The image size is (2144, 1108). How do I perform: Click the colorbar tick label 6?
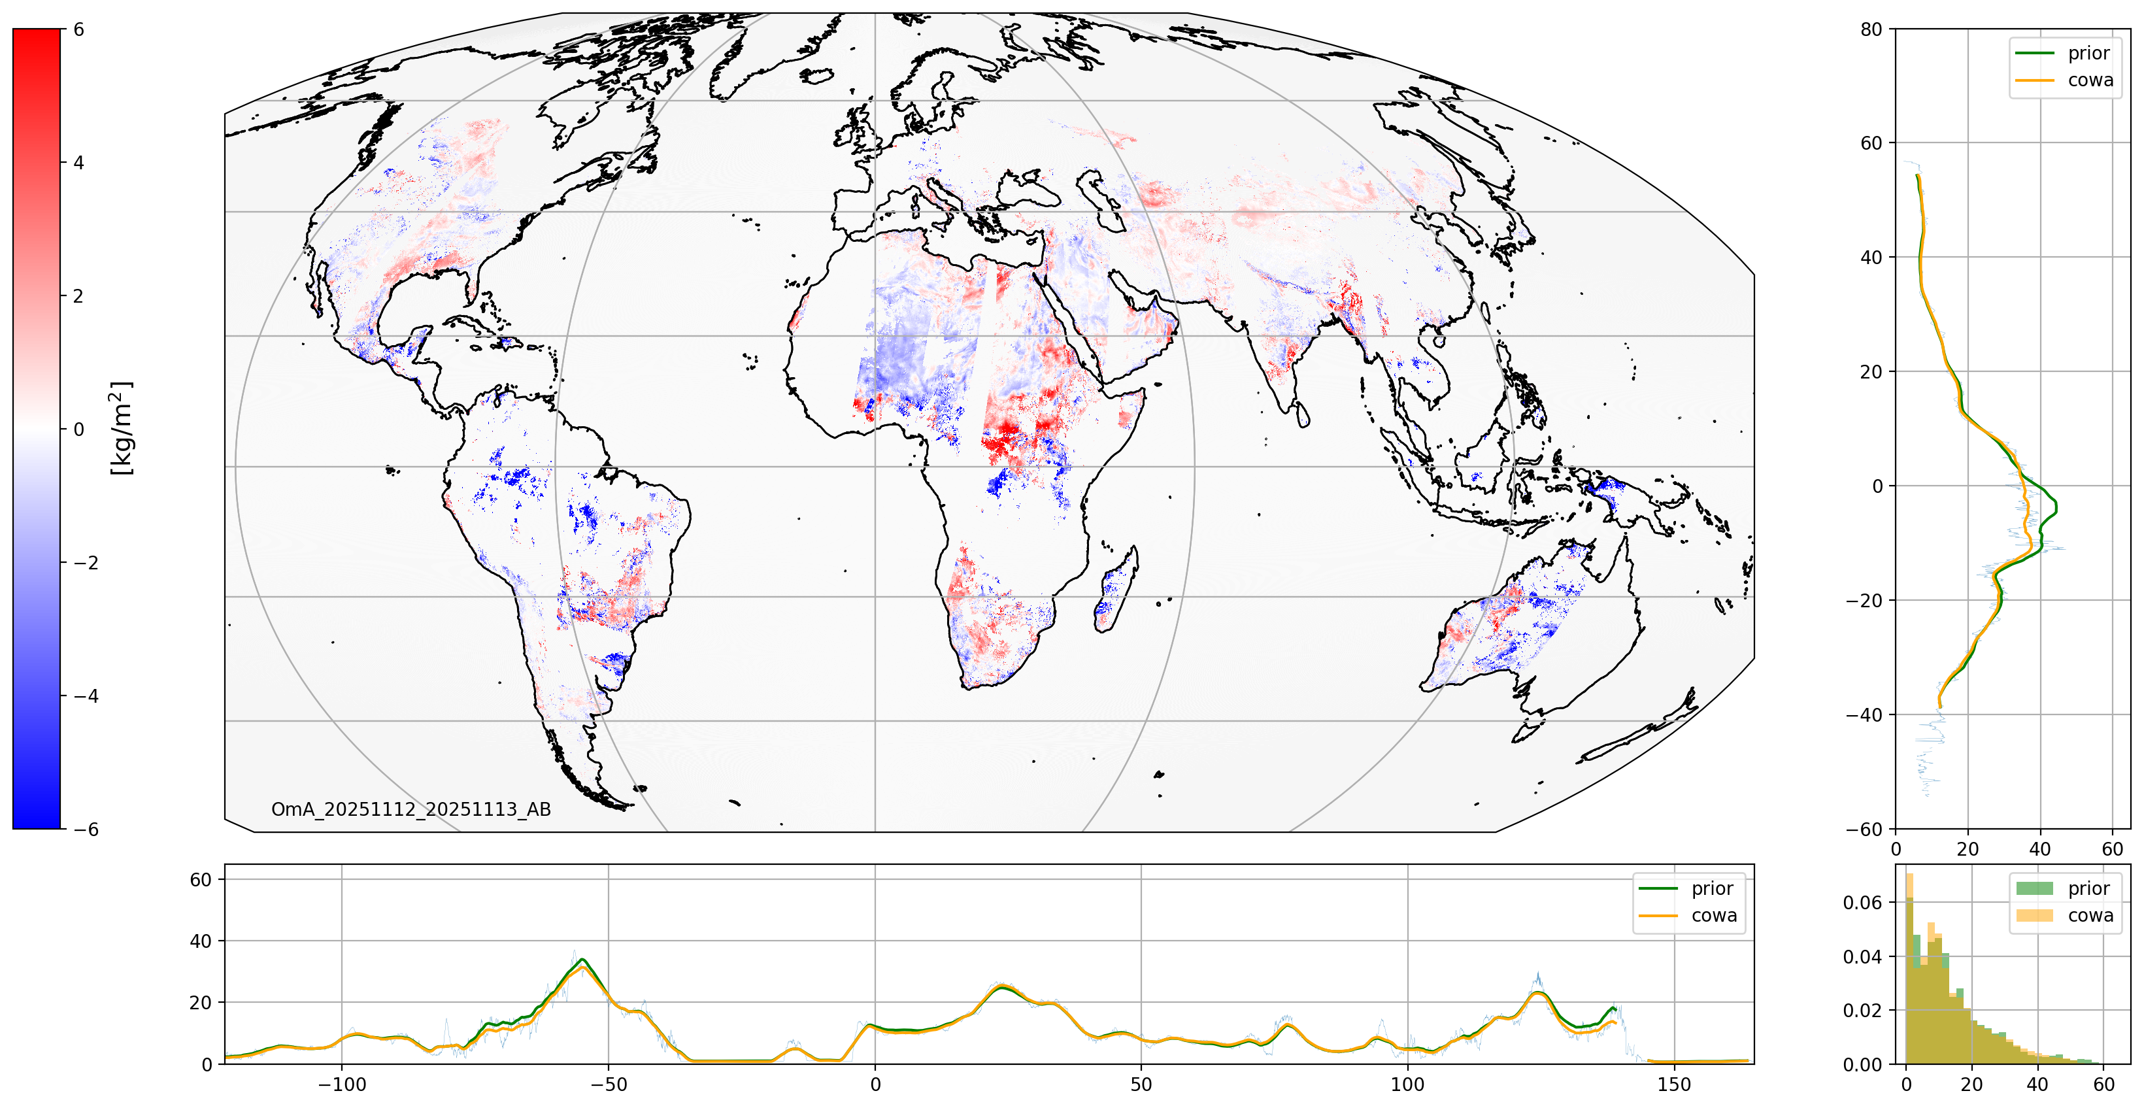tap(79, 29)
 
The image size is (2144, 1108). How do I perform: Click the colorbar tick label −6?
tap(86, 829)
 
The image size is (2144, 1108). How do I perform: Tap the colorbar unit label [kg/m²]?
tap(122, 428)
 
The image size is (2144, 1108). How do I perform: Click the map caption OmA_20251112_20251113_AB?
tap(411, 809)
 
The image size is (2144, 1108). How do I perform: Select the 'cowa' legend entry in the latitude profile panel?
tap(2089, 80)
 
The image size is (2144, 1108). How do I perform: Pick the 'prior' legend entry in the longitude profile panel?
tap(1711, 888)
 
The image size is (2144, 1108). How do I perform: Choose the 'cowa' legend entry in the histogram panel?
tap(2089, 915)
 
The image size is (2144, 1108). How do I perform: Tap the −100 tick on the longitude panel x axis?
tap(341, 1084)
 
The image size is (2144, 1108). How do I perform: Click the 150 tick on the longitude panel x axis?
tap(1674, 1084)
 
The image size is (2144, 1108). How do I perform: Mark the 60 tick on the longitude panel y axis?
tap(201, 879)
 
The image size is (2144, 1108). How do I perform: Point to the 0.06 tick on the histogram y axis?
tap(1863, 902)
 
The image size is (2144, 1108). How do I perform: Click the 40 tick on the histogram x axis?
tap(2037, 1084)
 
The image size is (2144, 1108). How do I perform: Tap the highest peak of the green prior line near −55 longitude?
tap(582, 959)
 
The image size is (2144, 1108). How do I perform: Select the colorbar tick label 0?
tap(79, 429)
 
